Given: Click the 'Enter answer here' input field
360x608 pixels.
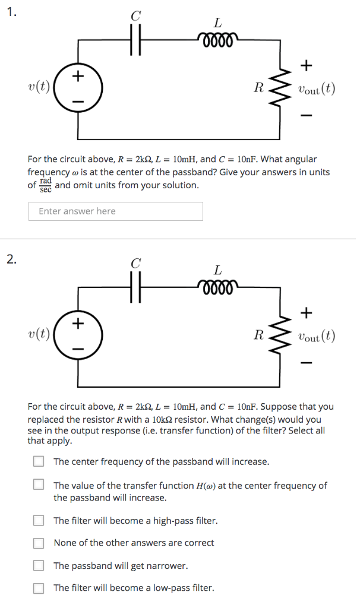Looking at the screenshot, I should click(x=115, y=211).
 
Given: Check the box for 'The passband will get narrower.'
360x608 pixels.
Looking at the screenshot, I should click(x=39, y=566).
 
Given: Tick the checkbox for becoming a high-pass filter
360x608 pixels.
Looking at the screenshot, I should click(x=39, y=521).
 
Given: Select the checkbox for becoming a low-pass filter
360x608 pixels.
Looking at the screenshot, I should click(x=39, y=588).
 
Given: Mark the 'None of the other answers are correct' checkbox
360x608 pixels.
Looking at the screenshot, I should click(x=39, y=543).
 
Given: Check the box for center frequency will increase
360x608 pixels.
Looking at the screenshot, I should click(x=39, y=461).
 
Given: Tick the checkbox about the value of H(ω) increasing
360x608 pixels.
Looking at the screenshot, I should click(x=39, y=486).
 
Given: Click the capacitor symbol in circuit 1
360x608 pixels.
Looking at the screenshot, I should click(x=136, y=42).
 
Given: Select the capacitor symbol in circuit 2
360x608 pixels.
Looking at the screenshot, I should click(x=136, y=288).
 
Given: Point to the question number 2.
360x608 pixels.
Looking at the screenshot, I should click(x=11, y=258).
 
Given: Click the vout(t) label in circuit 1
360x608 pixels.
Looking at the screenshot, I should click(x=317, y=90).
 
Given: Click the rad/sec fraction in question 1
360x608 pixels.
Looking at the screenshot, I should click(x=46, y=185).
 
